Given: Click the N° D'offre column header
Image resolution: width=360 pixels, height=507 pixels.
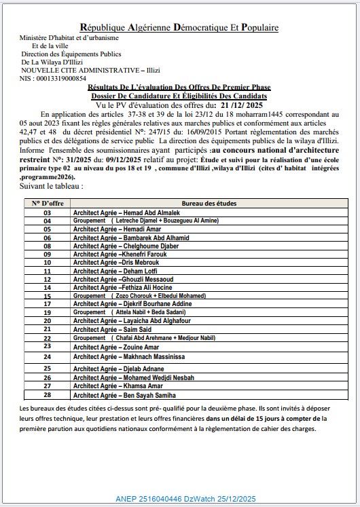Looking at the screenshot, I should click(x=47, y=203).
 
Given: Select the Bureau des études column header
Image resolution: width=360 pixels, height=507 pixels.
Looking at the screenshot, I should click(x=206, y=203).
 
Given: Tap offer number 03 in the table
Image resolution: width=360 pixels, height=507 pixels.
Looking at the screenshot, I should click(x=47, y=212).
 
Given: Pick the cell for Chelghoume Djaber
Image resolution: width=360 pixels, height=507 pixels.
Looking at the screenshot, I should click(x=121, y=246).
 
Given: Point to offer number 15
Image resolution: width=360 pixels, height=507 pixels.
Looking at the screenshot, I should click(x=47, y=296).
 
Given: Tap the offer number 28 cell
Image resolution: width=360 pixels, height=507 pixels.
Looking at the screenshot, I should click(x=47, y=394).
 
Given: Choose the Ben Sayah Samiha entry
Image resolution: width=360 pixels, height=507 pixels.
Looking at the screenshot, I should click(x=124, y=394).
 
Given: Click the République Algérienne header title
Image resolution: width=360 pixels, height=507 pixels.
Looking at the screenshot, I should click(x=179, y=27).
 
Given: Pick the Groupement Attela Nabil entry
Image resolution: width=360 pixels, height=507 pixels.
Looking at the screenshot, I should click(x=128, y=312).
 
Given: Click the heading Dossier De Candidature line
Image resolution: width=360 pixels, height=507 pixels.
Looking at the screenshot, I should click(x=179, y=97).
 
